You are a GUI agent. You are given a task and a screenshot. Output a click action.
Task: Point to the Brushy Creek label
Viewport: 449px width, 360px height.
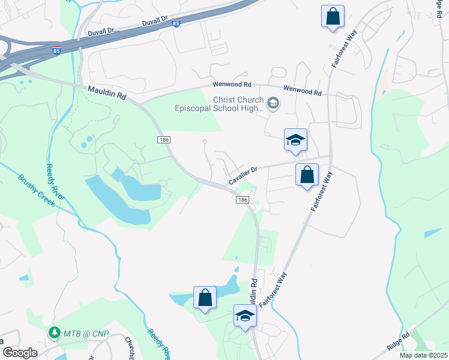point(37,190)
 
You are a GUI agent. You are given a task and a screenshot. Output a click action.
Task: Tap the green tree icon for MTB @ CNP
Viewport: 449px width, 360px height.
point(55,332)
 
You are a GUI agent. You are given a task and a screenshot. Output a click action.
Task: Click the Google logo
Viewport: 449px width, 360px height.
point(20,353)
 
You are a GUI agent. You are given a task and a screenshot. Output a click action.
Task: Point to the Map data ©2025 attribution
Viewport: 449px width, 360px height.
point(424,355)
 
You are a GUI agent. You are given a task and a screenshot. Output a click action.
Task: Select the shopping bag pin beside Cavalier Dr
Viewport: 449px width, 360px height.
point(307,176)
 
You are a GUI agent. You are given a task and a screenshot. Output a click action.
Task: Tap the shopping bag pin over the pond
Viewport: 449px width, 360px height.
point(205,298)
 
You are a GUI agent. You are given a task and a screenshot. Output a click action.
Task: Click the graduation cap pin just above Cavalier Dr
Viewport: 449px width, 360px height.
point(295,140)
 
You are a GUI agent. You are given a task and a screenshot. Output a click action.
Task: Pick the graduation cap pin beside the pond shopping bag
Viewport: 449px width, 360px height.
point(245,316)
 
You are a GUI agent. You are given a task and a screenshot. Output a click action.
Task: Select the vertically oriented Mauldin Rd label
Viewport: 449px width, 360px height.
point(255,292)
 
